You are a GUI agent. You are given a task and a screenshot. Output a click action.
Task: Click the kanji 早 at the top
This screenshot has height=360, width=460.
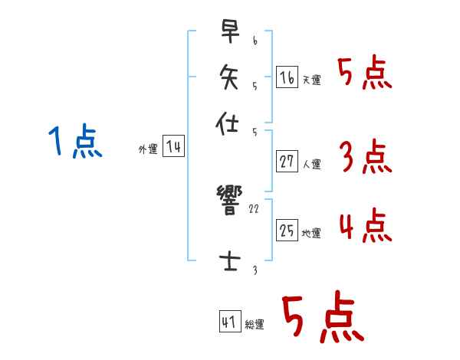tap(228, 34)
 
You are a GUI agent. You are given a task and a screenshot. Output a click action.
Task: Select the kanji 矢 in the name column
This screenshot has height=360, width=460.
tap(228, 77)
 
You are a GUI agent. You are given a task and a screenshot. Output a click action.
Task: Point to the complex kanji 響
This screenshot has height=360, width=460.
tap(228, 201)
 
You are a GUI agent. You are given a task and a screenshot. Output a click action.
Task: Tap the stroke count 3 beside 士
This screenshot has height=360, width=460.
tap(255, 270)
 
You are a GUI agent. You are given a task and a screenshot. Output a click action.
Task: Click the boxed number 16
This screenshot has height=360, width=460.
tap(287, 77)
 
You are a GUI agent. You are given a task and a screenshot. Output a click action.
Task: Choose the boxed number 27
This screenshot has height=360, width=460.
tap(287, 161)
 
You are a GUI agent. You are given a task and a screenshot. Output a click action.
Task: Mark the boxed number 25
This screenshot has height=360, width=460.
tap(287, 230)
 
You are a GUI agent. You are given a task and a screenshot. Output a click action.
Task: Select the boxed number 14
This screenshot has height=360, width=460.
tap(173, 147)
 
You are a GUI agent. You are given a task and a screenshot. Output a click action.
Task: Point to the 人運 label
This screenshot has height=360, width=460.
tap(311, 164)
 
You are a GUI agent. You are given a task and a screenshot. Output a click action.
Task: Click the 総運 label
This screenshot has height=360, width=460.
tap(255, 325)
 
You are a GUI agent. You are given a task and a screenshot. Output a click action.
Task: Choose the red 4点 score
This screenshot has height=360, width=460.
tap(365, 227)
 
